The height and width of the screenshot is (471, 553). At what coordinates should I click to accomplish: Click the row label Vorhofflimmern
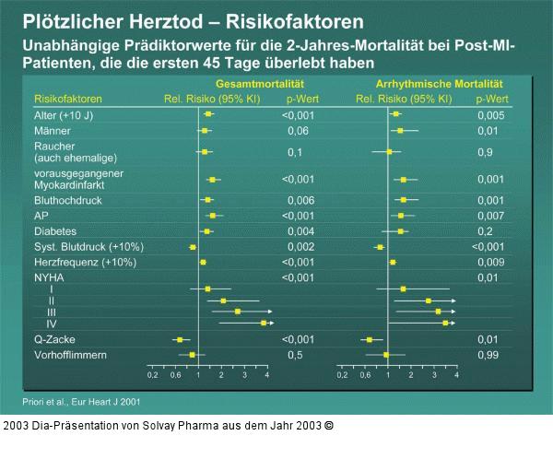[x=70, y=355]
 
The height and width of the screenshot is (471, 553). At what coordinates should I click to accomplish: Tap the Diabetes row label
[x=55, y=230]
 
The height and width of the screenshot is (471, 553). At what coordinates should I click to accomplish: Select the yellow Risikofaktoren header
[x=67, y=98]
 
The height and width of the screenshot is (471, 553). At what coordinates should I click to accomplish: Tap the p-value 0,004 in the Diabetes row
[x=300, y=230]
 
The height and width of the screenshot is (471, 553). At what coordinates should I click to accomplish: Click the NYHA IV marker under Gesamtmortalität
[x=264, y=324]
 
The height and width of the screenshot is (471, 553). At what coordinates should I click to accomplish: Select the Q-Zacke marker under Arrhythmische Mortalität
[x=370, y=340]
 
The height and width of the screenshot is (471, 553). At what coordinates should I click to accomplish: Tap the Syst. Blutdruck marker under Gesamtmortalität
[x=193, y=247]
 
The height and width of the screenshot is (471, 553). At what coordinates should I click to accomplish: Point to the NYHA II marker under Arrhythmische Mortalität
[x=428, y=301]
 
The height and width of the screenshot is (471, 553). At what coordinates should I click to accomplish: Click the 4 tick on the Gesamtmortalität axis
[x=266, y=375]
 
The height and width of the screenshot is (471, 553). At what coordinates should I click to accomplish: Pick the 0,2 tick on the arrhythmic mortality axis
[x=343, y=375]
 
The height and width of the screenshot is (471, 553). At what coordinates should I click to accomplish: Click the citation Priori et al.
[x=81, y=402]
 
